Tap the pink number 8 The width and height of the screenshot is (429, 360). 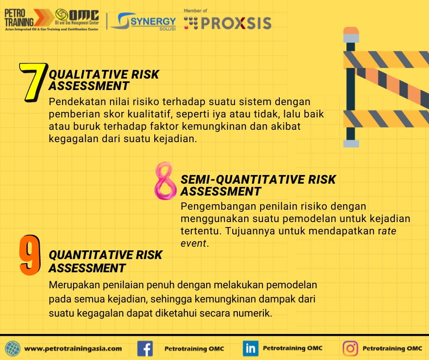click(x=165, y=182)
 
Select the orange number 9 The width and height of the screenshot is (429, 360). click(x=30, y=256)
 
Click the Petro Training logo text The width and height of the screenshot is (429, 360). click(x=19, y=17)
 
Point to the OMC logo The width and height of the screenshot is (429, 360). click(x=78, y=16)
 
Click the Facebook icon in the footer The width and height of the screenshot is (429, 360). click(x=145, y=349)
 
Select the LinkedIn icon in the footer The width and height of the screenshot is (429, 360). click(x=250, y=349)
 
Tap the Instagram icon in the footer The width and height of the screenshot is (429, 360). click(x=351, y=349)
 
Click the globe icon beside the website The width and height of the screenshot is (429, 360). click(x=13, y=349)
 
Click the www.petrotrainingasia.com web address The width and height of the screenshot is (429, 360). click(x=73, y=349)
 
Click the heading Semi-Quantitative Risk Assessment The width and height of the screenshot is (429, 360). click(x=258, y=185)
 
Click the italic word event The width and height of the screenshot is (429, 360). click(x=194, y=244)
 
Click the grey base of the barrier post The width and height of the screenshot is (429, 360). click(x=351, y=144)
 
